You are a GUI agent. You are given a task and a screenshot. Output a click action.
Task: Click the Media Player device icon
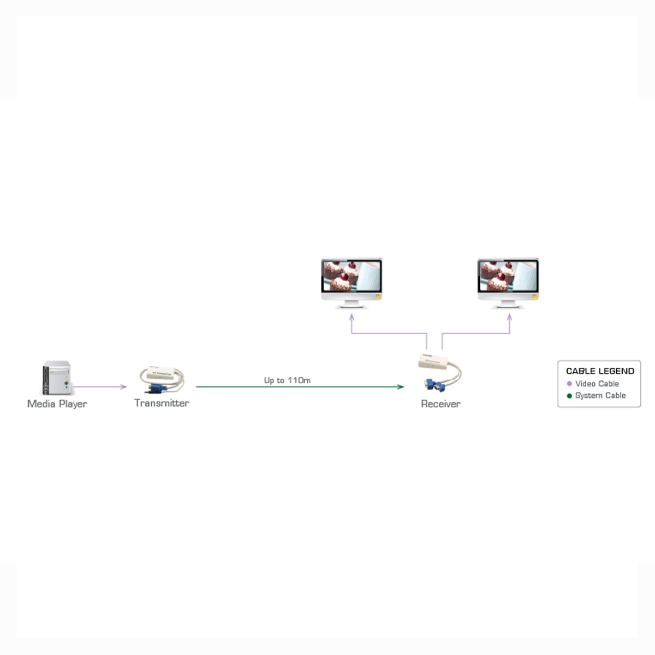tap(57, 378)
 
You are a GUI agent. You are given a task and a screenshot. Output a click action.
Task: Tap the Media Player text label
tap(57, 404)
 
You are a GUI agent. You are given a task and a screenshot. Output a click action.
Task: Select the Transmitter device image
tap(162, 379)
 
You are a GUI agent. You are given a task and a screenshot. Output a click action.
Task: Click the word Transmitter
tap(162, 403)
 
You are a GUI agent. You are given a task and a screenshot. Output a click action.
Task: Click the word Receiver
tap(440, 404)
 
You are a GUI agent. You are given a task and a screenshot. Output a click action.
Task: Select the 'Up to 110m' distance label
tap(287, 380)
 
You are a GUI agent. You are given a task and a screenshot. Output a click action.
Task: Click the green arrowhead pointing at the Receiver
tap(401, 386)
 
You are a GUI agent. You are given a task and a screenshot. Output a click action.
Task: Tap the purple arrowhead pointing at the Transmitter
tap(124, 386)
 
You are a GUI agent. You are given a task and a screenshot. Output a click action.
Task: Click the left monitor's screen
tap(352, 276)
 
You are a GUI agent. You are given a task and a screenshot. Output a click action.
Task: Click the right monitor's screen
tap(508, 276)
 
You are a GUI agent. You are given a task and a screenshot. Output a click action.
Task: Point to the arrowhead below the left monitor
tap(352, 317)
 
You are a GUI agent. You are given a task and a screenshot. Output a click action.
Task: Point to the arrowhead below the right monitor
tap(509, 317)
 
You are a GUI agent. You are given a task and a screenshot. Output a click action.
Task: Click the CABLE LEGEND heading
tap(600, 371)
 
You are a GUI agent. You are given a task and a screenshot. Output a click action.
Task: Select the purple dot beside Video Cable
tap(569, 384)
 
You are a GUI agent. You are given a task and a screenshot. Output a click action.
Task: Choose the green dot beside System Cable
tap(569, 396)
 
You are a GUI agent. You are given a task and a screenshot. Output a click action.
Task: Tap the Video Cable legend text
tap(597, 384)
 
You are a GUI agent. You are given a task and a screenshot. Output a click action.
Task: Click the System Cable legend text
tap(600, 396)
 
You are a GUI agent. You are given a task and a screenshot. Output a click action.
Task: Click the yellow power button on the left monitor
tap(377, 296)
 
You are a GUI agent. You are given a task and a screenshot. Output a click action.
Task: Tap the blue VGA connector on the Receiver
tap(434, 385)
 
